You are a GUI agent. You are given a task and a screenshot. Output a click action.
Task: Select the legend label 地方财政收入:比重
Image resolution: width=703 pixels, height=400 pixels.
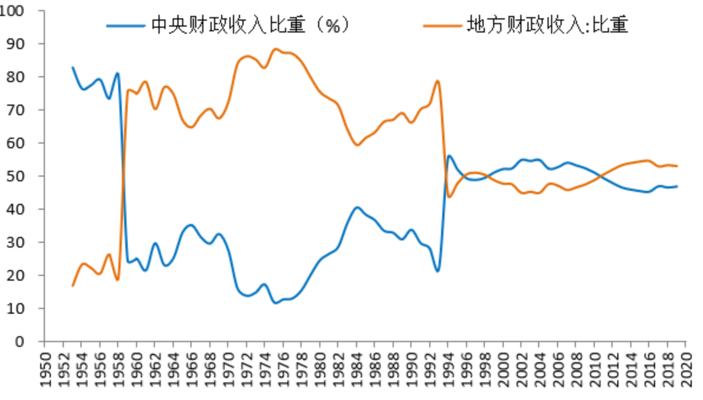pos(547,25)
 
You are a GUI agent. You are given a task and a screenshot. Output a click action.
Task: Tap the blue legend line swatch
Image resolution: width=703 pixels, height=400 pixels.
pos(125,26)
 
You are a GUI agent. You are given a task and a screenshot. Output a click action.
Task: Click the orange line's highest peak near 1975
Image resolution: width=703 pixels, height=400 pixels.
pos(276,49)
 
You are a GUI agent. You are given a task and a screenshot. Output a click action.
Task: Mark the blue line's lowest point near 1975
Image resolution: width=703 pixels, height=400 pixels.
pos(276,303)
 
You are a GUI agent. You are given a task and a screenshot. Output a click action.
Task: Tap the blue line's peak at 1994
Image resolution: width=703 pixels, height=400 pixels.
pos(449,155)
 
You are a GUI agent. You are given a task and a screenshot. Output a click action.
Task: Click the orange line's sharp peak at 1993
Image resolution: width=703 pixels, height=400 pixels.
pos(438,81)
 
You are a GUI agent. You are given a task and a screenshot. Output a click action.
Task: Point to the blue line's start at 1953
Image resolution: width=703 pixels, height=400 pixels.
pos(73,67)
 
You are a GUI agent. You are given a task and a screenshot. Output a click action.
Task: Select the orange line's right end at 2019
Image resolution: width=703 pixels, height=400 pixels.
pos(677,166)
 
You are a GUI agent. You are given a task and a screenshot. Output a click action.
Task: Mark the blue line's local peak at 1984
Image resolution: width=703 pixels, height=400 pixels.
pos(357,207)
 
